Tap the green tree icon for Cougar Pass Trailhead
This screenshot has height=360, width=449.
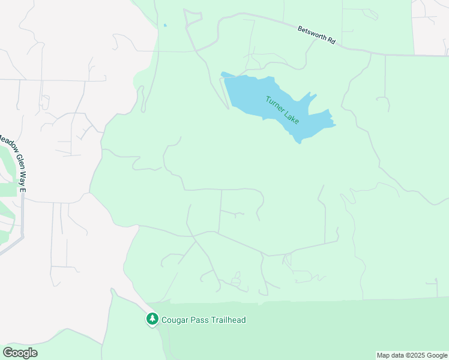click(152, 319)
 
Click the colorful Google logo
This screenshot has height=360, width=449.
click(20, 353)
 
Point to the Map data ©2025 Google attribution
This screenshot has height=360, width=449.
click(412, 355)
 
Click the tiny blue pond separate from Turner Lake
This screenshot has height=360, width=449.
click(164, 25)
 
